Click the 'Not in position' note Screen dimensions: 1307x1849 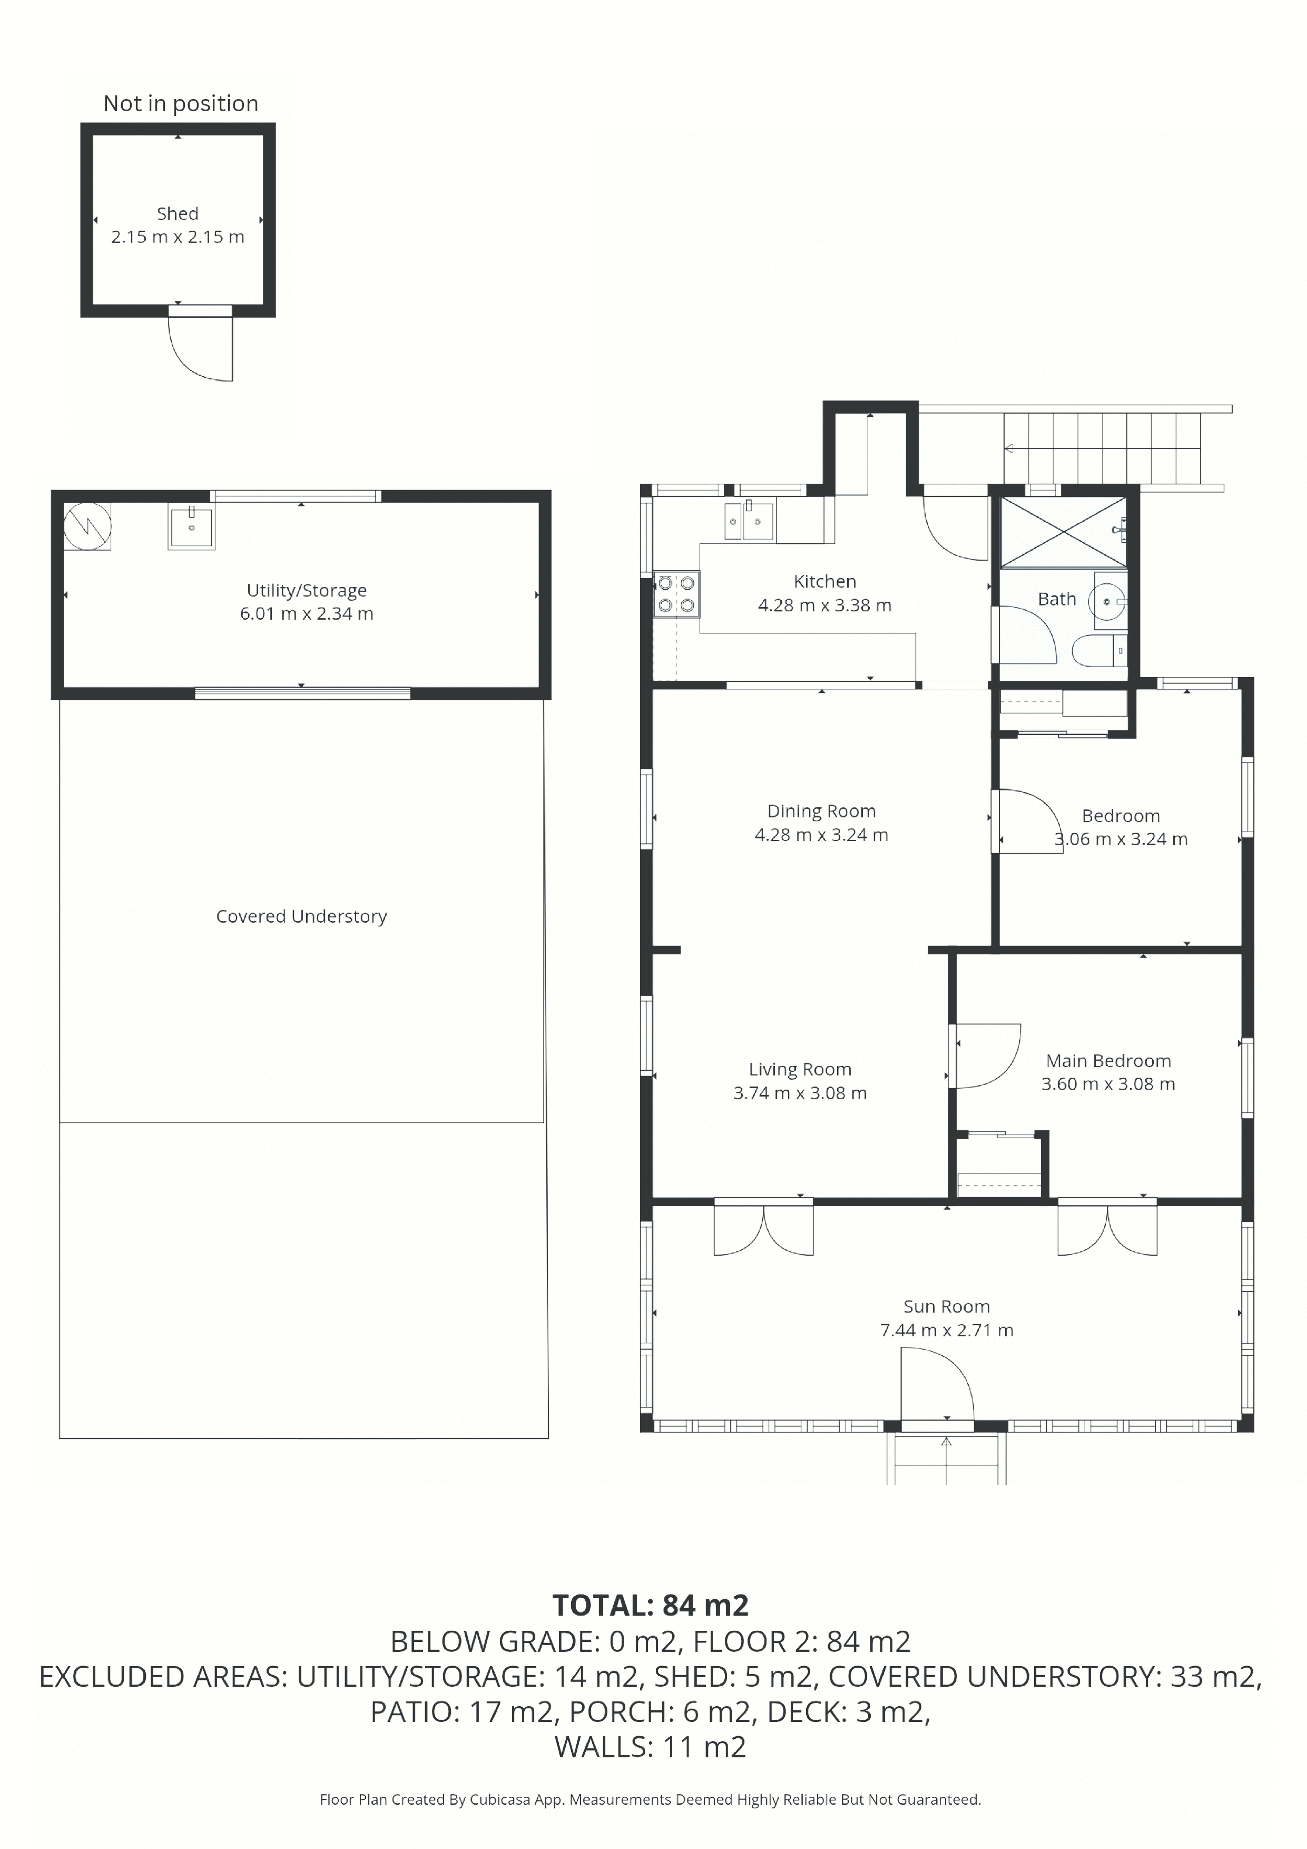pyautogui.click(x=180, y=103)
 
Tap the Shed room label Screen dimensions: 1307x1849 pyautogui.click(x=177, y=213)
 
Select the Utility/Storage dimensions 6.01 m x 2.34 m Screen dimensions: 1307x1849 pyautogui.click(x=306, y=614)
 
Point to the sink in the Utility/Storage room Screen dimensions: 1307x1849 pyautogui.click(x=191, y=527)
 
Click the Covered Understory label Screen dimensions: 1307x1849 pyautogui.click(x=301, y=916)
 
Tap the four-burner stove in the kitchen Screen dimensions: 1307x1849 pyautogui.click(x=676, y=593)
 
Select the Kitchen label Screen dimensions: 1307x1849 pyautogui.click(x=824, y=581)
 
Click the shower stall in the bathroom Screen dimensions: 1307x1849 pyautogui.click(x=1063, y=532)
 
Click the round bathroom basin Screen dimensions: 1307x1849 pyautogui.click(x=1107, y=601)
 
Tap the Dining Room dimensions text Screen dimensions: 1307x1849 pyautogui.click(x=821, y=835)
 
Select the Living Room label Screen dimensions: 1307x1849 pyautogui.click(x=800, y=1070)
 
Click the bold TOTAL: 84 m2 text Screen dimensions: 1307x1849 pyautogui.click(x=651, y=1606)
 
